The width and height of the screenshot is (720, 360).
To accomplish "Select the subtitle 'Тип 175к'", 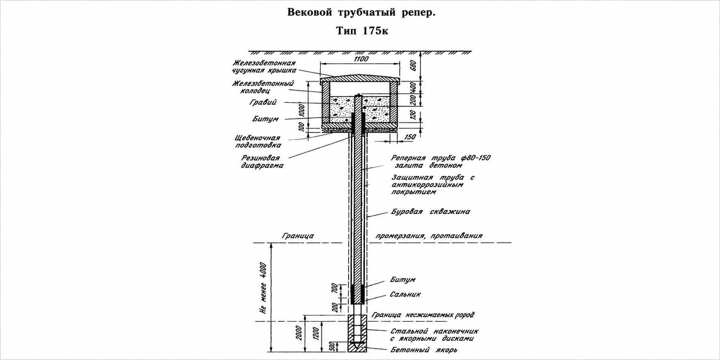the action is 362,31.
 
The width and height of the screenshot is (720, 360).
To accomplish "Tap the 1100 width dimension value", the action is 361,59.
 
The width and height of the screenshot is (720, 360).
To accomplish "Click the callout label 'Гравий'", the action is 263,102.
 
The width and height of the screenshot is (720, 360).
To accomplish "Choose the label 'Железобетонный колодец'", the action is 263,87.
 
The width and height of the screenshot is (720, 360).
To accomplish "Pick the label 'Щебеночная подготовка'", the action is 258,142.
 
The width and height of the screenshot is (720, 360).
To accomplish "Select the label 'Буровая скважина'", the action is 431,212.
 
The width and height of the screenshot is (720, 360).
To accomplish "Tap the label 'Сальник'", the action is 405,294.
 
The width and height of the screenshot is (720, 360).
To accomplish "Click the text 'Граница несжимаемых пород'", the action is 423,315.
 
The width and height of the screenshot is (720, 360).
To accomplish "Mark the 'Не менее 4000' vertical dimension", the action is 263,288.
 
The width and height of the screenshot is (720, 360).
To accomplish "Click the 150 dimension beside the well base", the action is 410,137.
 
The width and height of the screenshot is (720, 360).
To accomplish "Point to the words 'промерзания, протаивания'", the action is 429,236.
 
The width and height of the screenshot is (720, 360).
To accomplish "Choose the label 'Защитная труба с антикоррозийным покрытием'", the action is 433,185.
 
